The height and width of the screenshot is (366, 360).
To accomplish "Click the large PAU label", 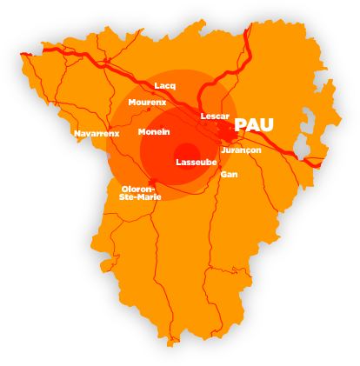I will tap(254, 125).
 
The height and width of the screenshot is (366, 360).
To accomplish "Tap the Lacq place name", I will tap(164, 85).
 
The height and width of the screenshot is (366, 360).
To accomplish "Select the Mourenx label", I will tap(147, 103).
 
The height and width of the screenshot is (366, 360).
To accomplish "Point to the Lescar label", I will tap(215, 116).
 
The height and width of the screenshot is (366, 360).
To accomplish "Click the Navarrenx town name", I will tap(97, 134).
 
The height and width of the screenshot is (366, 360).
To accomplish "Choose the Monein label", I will tap(154, 132).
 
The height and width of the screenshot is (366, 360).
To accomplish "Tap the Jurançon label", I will tap(241, 150).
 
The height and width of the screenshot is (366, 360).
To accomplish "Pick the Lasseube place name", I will tap(197, 163).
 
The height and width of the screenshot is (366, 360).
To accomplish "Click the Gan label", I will tap(229, 175).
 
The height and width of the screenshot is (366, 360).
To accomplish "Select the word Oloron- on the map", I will tap(138, 189).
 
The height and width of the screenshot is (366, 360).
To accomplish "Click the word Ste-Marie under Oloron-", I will tap(140, 197).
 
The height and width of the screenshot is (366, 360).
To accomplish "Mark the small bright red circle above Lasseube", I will tap(187, 153).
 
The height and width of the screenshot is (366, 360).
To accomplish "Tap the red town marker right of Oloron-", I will tap(153, 182).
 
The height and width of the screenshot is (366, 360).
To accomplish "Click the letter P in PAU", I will tap(241, 125).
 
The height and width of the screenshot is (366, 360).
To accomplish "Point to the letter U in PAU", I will tap(266, 125).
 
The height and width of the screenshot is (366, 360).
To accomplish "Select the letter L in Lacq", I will tap(157, 85).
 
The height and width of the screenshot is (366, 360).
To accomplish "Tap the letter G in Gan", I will tap(223, 175).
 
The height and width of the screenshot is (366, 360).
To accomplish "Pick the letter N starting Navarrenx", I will tap(77, 134).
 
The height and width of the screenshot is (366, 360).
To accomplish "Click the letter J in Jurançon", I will tap(223, 150).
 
